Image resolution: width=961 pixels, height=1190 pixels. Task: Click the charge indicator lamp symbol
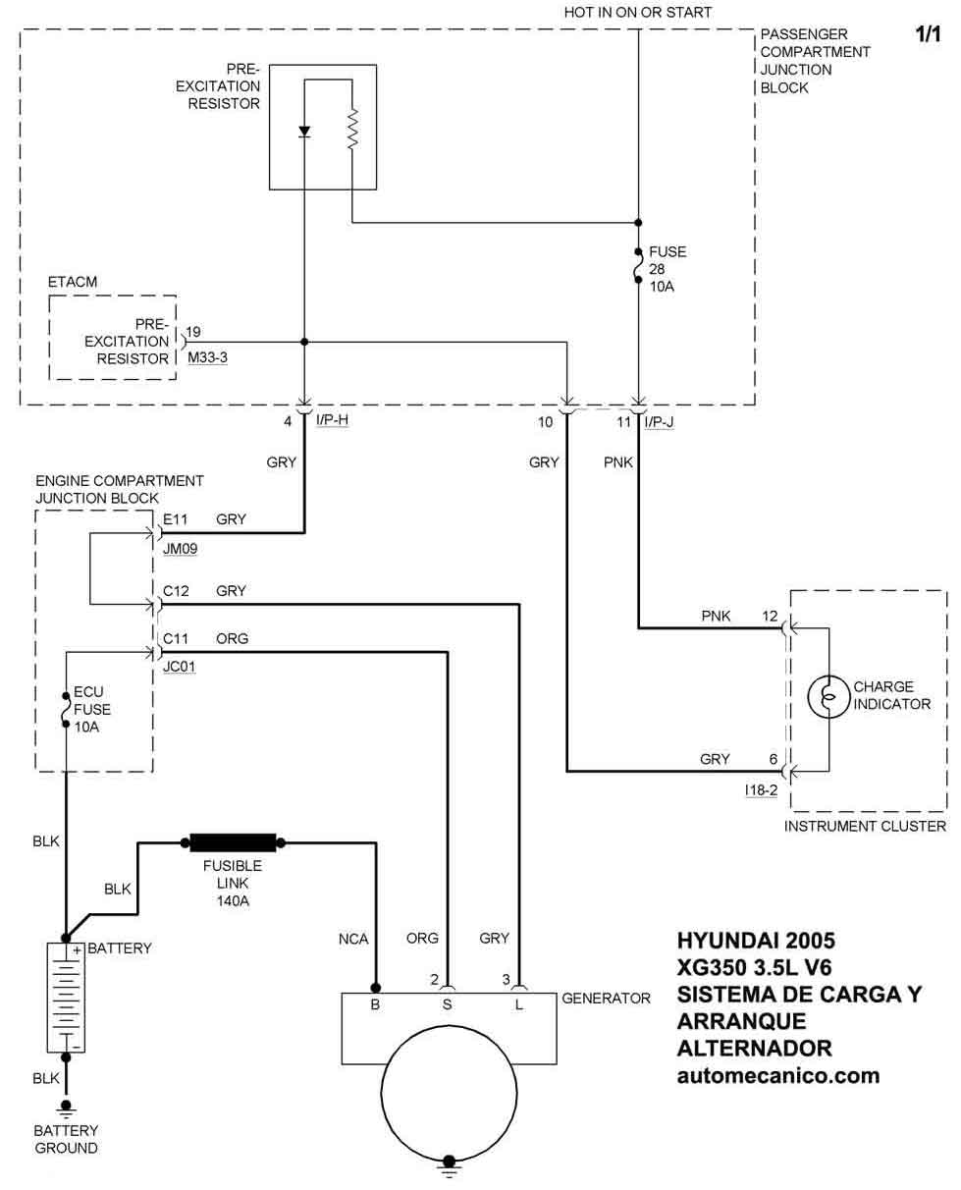[828, 697]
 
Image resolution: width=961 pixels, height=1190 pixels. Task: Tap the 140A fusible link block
[233, 841]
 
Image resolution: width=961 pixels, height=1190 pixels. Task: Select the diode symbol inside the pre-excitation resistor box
[304, 132]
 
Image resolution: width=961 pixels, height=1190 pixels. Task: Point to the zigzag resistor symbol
[353, 128]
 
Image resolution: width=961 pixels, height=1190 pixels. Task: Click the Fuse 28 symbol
[639, 265]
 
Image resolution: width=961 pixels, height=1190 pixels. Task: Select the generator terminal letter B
[375, 1005]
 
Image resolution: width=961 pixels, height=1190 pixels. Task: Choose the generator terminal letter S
[447, 1005]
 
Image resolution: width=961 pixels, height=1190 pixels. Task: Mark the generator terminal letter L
[518, 1005]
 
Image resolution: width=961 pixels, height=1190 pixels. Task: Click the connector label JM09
[180, 550]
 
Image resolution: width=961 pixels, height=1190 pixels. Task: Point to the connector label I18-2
[761, 789]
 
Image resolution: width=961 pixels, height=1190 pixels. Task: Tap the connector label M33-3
[207, 357]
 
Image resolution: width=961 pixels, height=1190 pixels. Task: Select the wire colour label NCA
[352, 939]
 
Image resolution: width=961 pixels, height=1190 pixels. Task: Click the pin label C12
[177, 591]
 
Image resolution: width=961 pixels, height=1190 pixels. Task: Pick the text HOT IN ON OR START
[637, 13]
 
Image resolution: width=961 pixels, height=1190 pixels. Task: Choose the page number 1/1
[928, 34]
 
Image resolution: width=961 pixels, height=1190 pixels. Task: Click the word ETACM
[73, 282]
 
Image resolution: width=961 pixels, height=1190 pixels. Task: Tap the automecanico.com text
[778, 1075]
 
